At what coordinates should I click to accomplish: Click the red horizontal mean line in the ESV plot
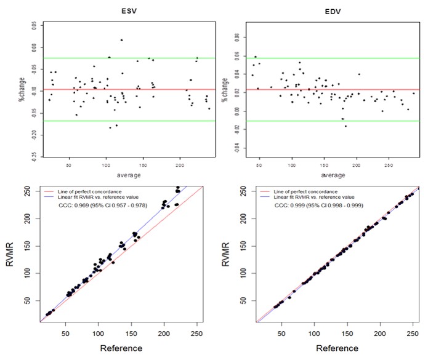point(111,90)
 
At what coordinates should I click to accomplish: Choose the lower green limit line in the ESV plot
point(111,121)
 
